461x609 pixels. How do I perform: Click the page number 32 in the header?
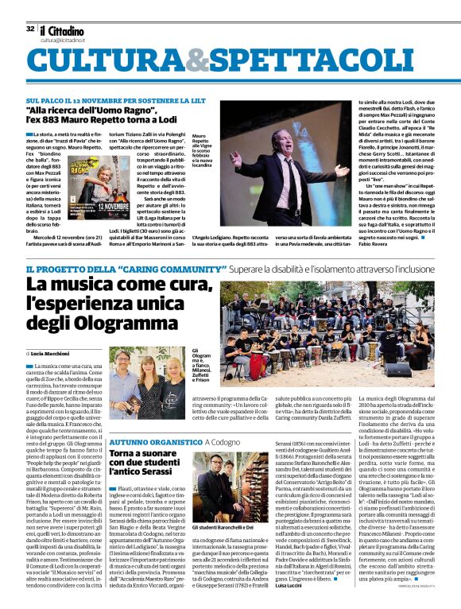(x=30, y=29)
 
